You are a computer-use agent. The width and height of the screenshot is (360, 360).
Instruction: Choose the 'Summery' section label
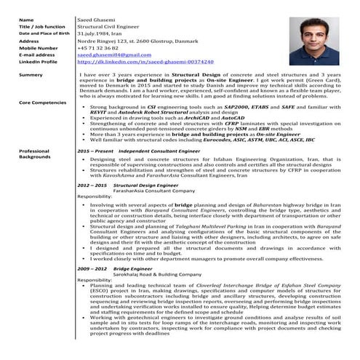31,76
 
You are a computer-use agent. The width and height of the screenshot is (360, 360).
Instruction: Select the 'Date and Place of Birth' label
43,33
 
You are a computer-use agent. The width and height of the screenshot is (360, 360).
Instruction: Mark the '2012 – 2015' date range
92,185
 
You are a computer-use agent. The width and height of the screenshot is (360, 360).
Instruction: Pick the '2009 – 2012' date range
92,268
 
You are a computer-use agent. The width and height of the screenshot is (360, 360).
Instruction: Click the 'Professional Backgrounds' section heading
35,153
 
